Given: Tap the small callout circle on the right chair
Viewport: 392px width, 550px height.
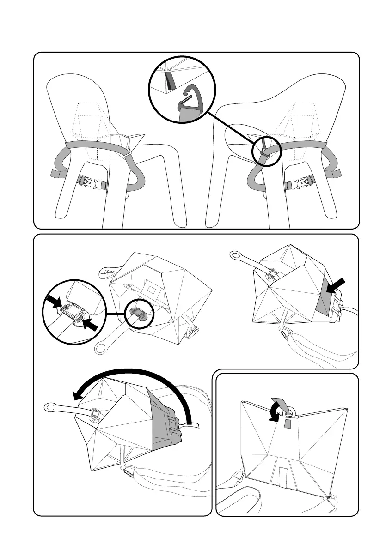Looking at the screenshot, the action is pyautogui.click(x=267, y=151).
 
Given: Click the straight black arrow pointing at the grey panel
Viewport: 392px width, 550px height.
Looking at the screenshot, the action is pyautogui.click(x=336, y=286).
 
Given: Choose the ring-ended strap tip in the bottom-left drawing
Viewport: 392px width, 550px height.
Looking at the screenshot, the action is pyautogui.click(x=50, y=407).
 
